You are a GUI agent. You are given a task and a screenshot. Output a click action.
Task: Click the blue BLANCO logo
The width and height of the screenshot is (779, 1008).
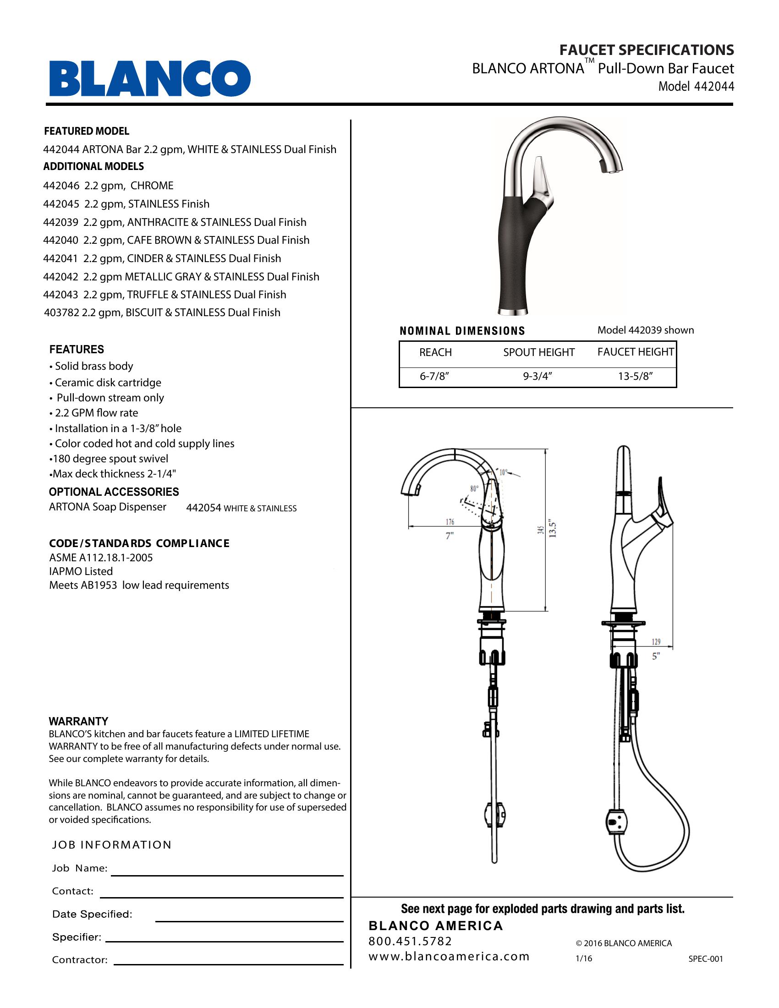(150, 78)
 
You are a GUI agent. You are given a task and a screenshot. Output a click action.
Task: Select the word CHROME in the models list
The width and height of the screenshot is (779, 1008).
(152, 186)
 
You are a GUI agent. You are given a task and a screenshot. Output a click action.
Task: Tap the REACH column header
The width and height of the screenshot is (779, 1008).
(435, 353)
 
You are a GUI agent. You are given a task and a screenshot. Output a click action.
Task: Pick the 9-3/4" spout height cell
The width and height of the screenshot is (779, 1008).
(538, 377)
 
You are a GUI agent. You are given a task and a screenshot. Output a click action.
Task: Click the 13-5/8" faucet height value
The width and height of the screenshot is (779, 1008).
(635, 377)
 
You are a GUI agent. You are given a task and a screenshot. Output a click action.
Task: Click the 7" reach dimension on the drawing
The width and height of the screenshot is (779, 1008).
(450, 536)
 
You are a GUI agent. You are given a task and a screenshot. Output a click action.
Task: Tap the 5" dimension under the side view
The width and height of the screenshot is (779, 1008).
(656, 656)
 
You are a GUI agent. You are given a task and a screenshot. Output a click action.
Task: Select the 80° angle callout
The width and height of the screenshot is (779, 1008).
(474, 489)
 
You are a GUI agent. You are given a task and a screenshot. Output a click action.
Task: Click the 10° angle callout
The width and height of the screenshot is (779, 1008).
(503, 472)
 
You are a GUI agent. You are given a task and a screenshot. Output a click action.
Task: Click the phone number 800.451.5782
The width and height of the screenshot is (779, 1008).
(410, 942)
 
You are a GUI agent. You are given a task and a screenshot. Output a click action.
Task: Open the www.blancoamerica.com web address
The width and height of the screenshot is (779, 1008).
(449, 957)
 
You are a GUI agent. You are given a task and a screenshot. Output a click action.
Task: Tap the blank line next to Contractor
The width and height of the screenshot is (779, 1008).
(229, 964)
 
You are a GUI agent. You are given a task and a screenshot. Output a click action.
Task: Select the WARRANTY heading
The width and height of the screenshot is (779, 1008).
(78, 721)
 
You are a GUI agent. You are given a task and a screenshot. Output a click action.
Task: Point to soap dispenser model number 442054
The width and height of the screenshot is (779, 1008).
(203, 508)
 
